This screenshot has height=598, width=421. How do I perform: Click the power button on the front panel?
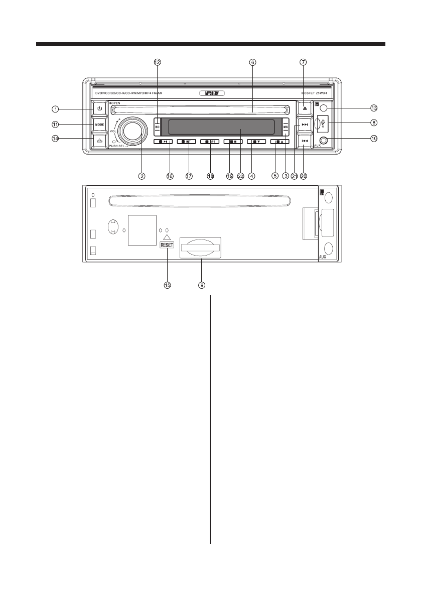[x=99, y=108]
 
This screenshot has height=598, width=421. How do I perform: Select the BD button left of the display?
[x=157, y=127]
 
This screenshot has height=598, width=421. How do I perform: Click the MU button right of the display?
[x=286, y=127]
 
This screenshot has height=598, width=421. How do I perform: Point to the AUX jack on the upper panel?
[x=324, y=142]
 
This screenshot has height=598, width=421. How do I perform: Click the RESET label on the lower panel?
[x=167, y=245]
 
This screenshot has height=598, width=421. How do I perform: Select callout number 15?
[x=168, y=285]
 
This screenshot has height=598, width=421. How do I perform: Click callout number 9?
[x=201, y=285]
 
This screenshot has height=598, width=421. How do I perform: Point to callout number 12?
[x=157, y=62]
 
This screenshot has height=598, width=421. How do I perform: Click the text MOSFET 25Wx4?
[x=315, y=93]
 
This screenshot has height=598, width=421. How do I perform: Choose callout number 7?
[x=303, y=62]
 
